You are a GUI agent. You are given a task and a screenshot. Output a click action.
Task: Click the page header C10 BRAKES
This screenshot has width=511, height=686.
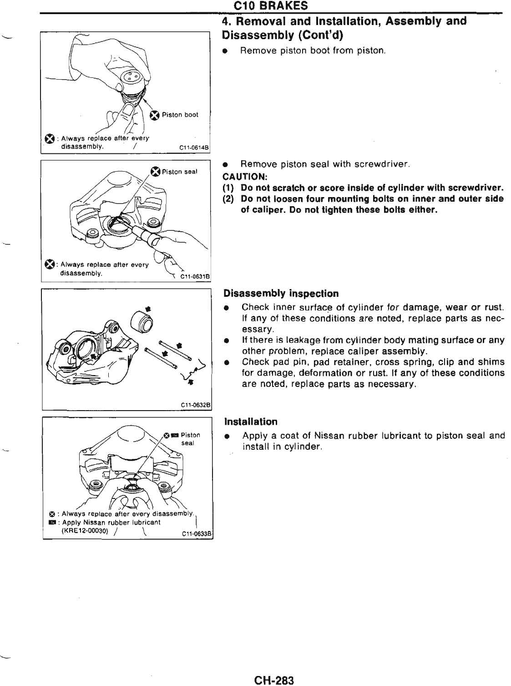pyautogui.click(x=270, y=6)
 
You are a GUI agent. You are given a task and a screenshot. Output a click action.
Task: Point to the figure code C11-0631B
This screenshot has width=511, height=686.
pyautogui.click(x=194, y=275)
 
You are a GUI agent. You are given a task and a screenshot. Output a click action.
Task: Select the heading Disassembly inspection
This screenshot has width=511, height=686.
pyautogui.click(x=281, y=293)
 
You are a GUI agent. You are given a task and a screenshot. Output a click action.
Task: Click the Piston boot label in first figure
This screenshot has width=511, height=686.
pyautogui.click(x=180, y=115)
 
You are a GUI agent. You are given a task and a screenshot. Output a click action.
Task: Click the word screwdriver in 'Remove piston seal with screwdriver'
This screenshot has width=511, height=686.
pyautogui.click(x=388, y=164)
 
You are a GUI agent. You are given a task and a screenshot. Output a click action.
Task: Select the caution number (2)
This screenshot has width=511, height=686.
pyautogui.click(x=228, y=199)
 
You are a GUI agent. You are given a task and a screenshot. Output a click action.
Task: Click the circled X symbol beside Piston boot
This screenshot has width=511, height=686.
pyautogui.click(x=155, y=115)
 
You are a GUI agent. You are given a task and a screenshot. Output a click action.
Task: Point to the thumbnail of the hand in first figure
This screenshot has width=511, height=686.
pyautogui.click(x=129, y=112)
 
